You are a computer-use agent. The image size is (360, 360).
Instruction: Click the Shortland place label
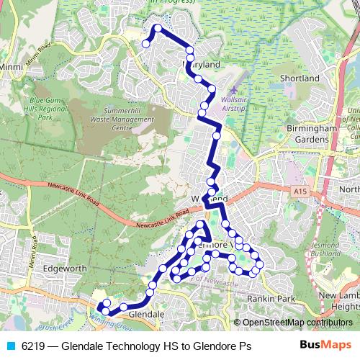point(300,78)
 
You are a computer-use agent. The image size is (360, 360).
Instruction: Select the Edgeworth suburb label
point(66,269)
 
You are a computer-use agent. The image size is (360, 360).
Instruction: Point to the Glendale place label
point(150,315)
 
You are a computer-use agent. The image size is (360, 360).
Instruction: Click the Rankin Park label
point(271,298)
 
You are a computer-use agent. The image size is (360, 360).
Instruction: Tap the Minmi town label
point(12,67)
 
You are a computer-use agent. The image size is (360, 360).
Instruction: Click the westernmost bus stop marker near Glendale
point(99,309)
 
